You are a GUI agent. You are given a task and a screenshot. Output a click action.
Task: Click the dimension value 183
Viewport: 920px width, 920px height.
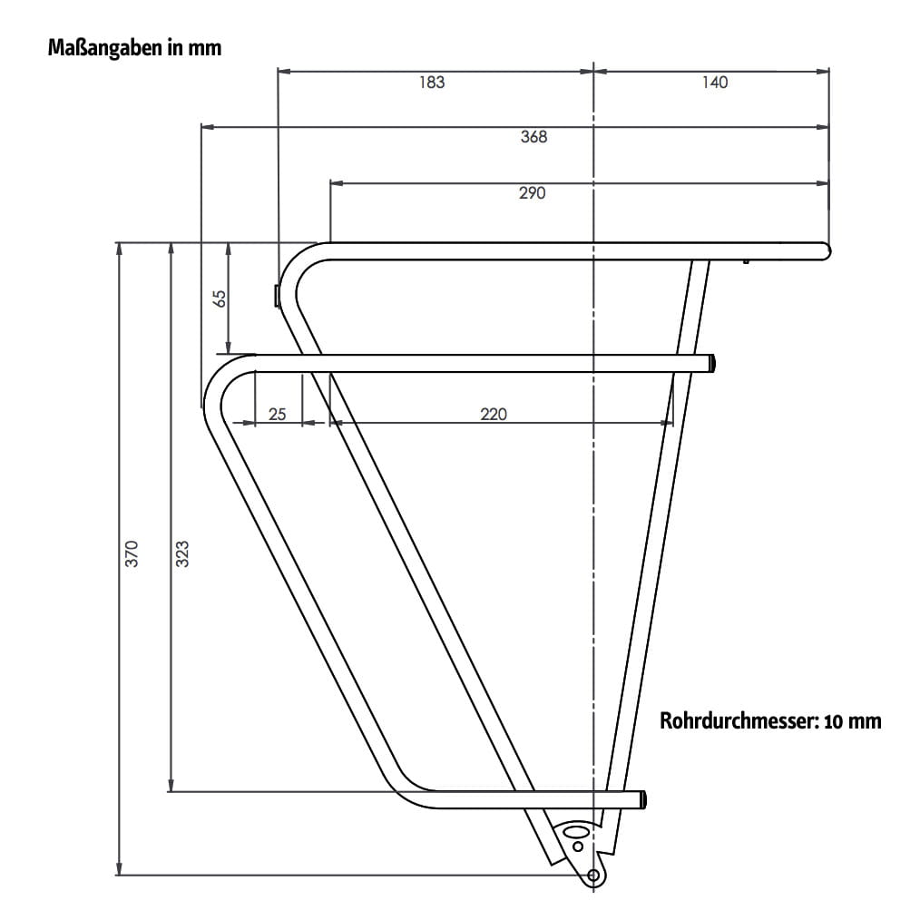click(x=432, y=83)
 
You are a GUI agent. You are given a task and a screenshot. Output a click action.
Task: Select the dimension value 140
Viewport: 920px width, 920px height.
click(x=715, y=83)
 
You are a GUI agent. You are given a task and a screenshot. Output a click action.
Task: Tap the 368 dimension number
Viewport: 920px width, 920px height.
click(x=533, y=137)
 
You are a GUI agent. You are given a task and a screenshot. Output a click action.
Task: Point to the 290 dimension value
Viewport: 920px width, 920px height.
click(x=532, y=193)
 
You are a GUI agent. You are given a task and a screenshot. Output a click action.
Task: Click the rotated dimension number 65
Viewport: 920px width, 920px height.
click(x=219, y=299)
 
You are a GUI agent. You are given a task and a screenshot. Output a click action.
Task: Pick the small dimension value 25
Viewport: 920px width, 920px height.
click(x=278, y=414)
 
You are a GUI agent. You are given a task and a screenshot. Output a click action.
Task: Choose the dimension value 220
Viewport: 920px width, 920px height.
click(x=494, y=414)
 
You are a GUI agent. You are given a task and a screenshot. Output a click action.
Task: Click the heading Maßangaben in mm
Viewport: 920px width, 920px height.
click(x=134, y=48)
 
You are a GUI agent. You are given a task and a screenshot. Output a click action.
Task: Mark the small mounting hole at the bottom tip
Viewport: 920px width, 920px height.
click(x=593, y=875)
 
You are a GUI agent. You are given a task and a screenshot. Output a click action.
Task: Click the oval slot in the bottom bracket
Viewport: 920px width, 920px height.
click(x=574, y=830)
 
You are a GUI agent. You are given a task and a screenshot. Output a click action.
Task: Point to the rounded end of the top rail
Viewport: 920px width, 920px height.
click(x=826, y=250)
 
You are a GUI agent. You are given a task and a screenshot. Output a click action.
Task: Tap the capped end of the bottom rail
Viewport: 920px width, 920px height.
click(x=643, y=799)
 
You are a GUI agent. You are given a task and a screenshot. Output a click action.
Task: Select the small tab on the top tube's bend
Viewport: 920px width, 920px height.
click(x=277, y=295)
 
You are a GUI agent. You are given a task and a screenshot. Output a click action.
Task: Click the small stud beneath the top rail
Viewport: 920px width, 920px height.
click(x=745, y=261)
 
